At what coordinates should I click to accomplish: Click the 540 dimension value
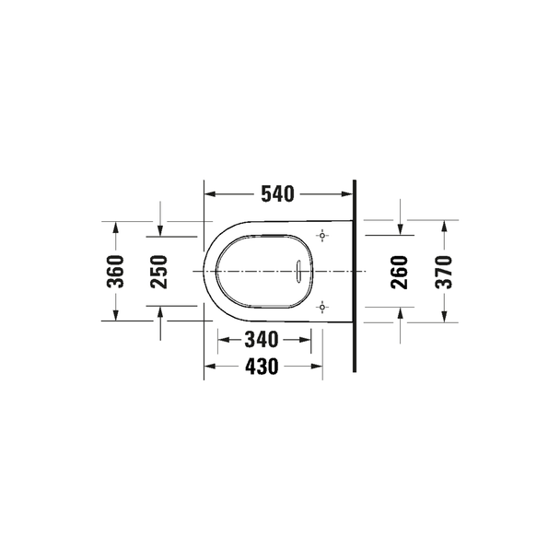point(277,194)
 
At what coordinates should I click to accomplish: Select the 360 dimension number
point(115,272)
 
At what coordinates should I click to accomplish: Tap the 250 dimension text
point(159,272)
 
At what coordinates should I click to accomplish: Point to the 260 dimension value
point(400,272)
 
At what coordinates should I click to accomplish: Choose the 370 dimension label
point(444,272)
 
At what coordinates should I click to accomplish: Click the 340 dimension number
point(262,340)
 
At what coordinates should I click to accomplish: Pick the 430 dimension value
point(262,367)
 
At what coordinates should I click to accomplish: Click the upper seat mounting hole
point(322,236)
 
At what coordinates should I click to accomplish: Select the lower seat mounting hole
point(322,307)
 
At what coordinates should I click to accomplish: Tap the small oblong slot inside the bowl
point(298,272)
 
